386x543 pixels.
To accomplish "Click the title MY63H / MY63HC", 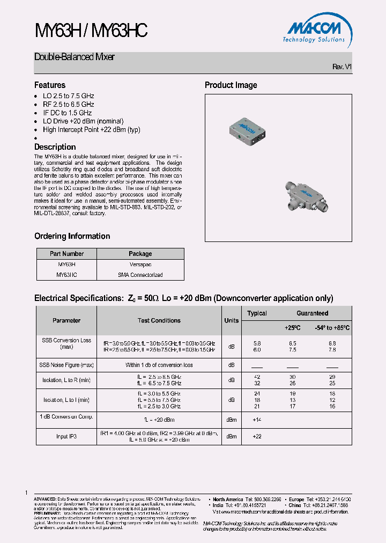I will (x=91, y=31).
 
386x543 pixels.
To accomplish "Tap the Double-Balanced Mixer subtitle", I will (x=75, y=57).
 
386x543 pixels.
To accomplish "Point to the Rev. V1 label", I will (x=342, y=67).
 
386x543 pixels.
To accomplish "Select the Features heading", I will (x=50, y=85).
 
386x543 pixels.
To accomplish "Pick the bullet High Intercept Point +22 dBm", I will (x=92, y=130).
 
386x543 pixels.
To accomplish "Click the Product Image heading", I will (x=231, y=85).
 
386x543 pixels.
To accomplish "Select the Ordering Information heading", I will (x=72, y=236).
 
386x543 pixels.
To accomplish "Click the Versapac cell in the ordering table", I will (x=140, y=265).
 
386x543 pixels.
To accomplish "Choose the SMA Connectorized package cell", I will (x=140, y=275).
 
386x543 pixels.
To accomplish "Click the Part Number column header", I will (x=67, y=254).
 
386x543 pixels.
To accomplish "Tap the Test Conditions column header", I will (x=159, y=320).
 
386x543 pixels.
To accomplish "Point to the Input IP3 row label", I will (x=66, y=437).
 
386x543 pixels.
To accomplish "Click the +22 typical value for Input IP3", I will (x=257, y=437).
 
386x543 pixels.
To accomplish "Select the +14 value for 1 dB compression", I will (x=257, y=419).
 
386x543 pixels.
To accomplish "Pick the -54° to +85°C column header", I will (x=332, y=327).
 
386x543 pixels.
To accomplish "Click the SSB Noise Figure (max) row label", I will (x=66, y=365).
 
